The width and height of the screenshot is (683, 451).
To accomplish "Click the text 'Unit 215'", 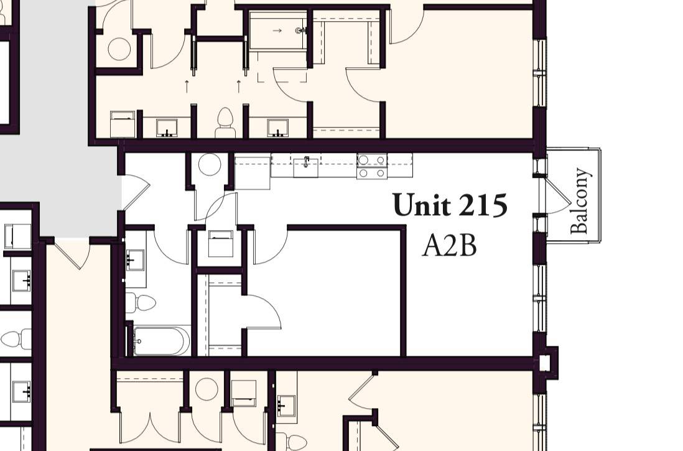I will click(450, 206).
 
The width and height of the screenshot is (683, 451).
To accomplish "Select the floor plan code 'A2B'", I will click(449, 246).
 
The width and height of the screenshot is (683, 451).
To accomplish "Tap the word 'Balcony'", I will click(580, 200).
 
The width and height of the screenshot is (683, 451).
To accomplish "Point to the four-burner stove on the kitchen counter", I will click(371, 165).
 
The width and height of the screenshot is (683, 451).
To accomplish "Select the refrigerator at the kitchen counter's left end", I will click(253, 173).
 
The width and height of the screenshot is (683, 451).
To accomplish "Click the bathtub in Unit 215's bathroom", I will click(161, 341).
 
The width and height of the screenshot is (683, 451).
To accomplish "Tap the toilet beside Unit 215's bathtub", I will click(141, 303).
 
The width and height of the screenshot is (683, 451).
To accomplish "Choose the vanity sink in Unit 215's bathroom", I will click(135, 259).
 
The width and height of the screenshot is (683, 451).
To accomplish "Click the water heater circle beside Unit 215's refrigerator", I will click(210, 165).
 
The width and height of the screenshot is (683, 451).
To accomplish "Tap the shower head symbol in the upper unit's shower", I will click(302, 30).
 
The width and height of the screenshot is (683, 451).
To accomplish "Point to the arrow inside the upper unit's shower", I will click(277, 30).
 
